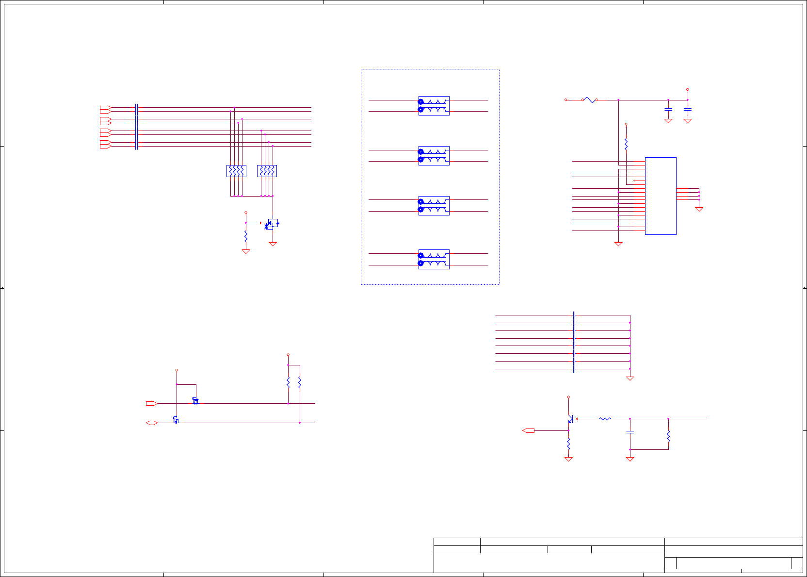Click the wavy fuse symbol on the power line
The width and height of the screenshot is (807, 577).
[x=589, y=100]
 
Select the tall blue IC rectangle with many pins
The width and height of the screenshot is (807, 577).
[x=661, y=196]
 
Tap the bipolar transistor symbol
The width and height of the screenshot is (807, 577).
[x=571, y=419]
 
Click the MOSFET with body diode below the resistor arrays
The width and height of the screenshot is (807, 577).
[x=273, y=223]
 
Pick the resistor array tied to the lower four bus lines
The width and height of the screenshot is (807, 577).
[x=267, y=171]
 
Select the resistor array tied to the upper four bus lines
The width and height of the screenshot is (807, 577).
[x=236, y=171]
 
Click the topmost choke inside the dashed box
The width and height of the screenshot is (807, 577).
[x=434, y=106]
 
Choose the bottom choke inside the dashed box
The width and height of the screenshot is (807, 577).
[x=434, y=259]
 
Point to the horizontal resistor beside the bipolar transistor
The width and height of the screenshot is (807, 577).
[x=605, y=419]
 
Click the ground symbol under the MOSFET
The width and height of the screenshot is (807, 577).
[x=273, y=244]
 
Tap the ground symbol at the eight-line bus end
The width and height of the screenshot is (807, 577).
[x=630, y=379]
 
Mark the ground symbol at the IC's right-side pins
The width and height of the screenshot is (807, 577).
[x=699, y=209]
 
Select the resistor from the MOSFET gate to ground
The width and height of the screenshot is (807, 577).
[x=246, y=236]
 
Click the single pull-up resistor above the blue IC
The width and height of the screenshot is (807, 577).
[x=626, y=144]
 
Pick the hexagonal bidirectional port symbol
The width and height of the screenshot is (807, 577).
[x=152, y=423]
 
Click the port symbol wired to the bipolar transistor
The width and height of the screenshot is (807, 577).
[x=529, y=430]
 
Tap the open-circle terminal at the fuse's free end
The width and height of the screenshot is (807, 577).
[x=566, y=100]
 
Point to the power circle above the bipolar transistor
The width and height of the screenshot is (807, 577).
[x=568, y=397]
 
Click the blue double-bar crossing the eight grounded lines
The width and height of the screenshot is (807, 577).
[x=574, y=342]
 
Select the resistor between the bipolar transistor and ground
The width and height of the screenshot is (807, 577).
[x=568, y=444]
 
